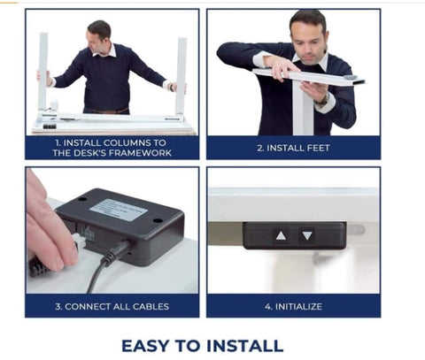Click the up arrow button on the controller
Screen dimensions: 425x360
(281, 235)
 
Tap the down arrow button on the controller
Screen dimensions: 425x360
(307, 235)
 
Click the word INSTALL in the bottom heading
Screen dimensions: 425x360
(244, 346)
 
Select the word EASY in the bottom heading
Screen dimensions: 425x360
(145, 346)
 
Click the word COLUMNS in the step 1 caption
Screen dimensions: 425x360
(127, 143)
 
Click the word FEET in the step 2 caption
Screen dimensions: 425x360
(318, 148)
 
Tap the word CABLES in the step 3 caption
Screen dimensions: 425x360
(151, 307)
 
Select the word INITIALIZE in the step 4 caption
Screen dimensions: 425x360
(298, 307)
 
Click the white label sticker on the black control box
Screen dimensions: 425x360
(119, 210)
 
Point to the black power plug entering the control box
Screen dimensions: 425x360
(117, 254)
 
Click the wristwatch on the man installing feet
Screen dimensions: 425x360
(323, 100)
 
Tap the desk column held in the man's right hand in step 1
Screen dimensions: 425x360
(43, 73)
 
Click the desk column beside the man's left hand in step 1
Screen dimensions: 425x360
(181, 76)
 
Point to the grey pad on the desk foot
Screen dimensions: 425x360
(351, 77)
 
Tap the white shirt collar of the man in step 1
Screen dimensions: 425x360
(104, 51)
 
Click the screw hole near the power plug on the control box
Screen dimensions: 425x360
(158, 220)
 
